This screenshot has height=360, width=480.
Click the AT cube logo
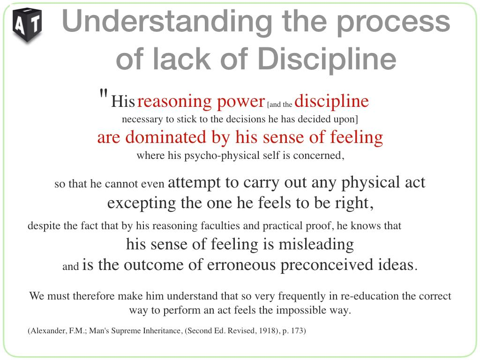[27, 25]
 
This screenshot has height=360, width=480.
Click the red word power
[240, 102]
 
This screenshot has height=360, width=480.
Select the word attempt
[194, 182]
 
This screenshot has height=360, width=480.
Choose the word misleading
[316, 245]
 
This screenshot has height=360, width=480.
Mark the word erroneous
[241, 265]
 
